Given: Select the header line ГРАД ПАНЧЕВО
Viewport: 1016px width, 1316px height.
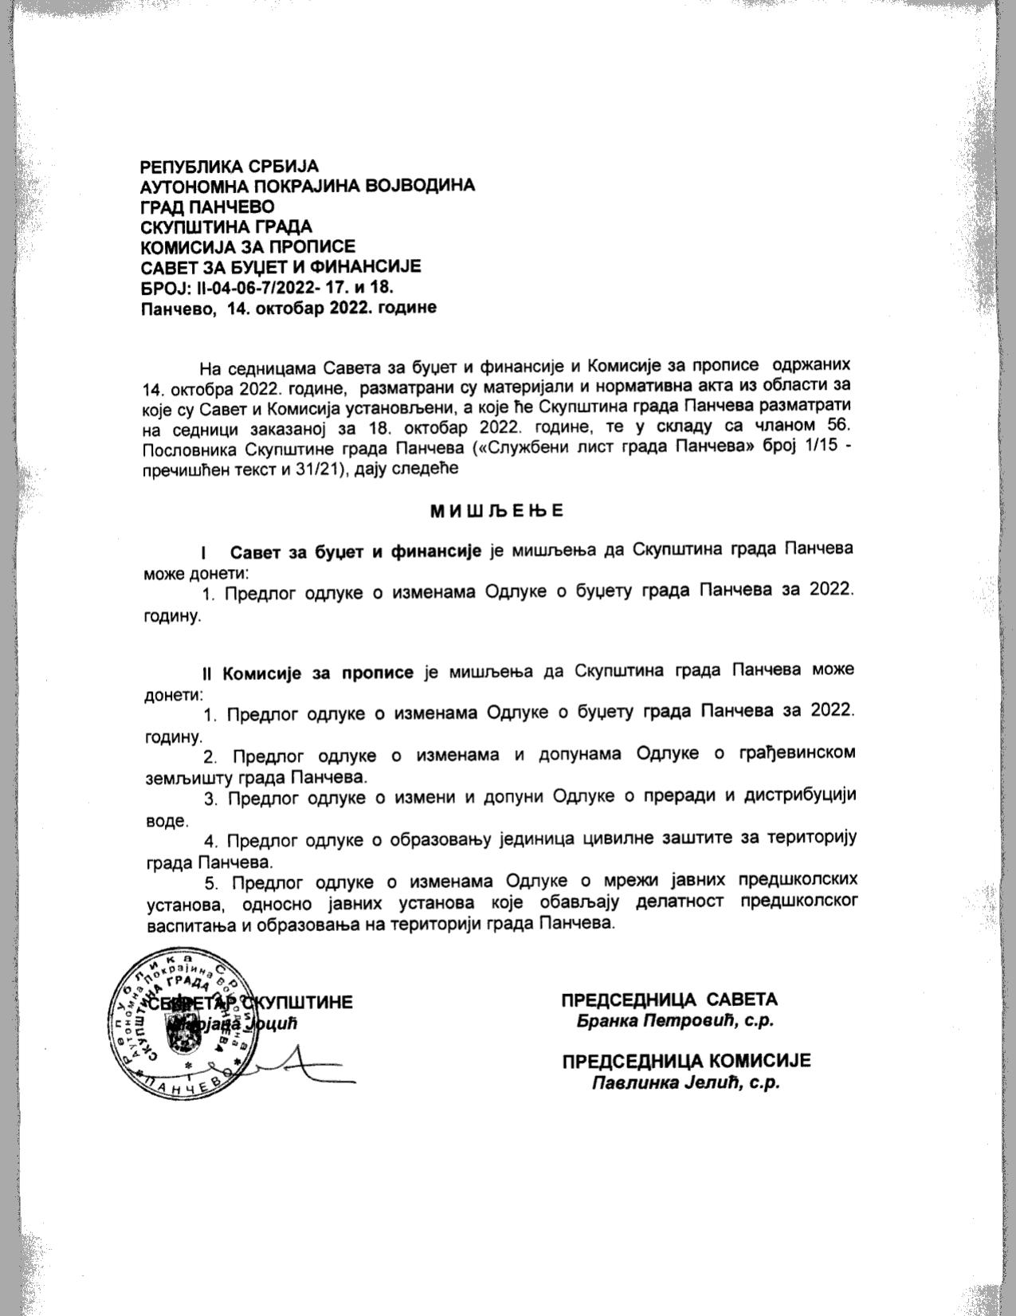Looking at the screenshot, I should tap(207, 206).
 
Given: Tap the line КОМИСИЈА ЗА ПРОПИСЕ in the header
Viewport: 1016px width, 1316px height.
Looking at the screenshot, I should tap(248, 246).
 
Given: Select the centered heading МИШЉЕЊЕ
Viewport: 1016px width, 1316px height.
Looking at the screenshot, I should tap(496, 510).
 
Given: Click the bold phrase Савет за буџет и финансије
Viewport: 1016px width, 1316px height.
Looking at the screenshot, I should tap(355, 552).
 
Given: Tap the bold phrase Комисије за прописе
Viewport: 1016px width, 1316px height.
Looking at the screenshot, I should tap(317, 672).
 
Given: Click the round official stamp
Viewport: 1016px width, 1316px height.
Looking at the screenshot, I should tap(180, 1025).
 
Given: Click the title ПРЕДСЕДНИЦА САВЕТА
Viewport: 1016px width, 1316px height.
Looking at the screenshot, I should tap(669, 1000).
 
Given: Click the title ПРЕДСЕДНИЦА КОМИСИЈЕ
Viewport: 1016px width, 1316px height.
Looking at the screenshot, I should tap(685, 1062).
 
